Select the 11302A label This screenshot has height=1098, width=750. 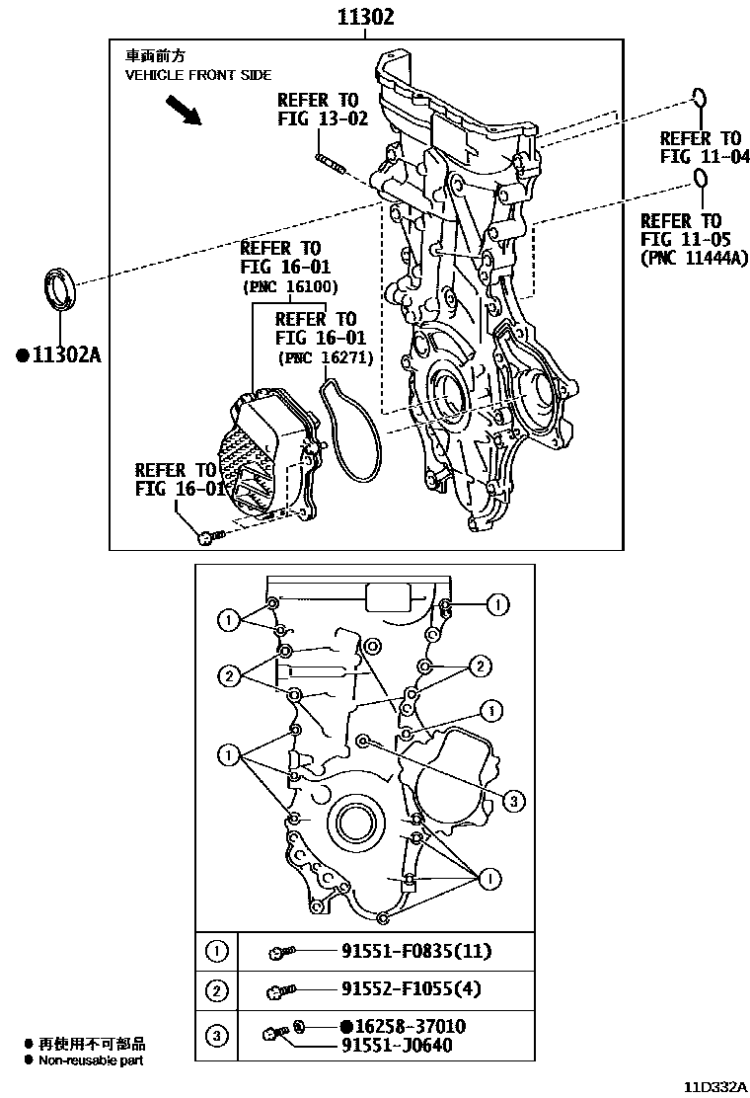(59, 354)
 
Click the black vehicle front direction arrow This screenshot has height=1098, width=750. (184, 111)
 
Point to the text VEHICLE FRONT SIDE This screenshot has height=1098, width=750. (197, 75)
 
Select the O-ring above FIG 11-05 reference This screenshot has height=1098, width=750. (700, 179)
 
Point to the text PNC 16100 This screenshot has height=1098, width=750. (290, 287)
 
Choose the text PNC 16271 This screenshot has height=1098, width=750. (325, 357)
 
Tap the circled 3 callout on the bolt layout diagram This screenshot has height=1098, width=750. (512, 801)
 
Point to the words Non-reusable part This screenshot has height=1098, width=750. (91, 1060)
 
